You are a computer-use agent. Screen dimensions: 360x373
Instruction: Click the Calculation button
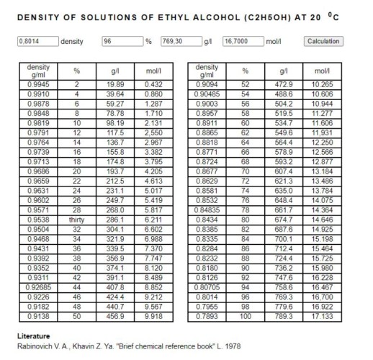(x=323, y=41)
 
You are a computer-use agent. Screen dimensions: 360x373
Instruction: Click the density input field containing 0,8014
(x=36, y=41)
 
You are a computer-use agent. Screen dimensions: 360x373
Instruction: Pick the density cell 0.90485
(x=207, y=94)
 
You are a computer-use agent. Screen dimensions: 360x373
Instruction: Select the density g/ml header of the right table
(x=207, y=71)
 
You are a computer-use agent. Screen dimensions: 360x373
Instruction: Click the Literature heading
(x=33, y=336)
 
